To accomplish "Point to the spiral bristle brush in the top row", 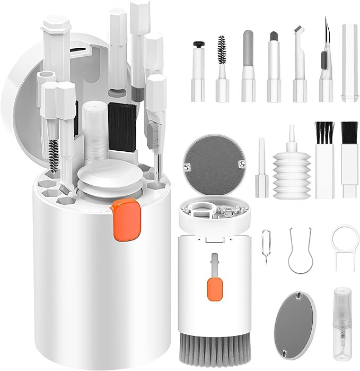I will click(221, 66).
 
